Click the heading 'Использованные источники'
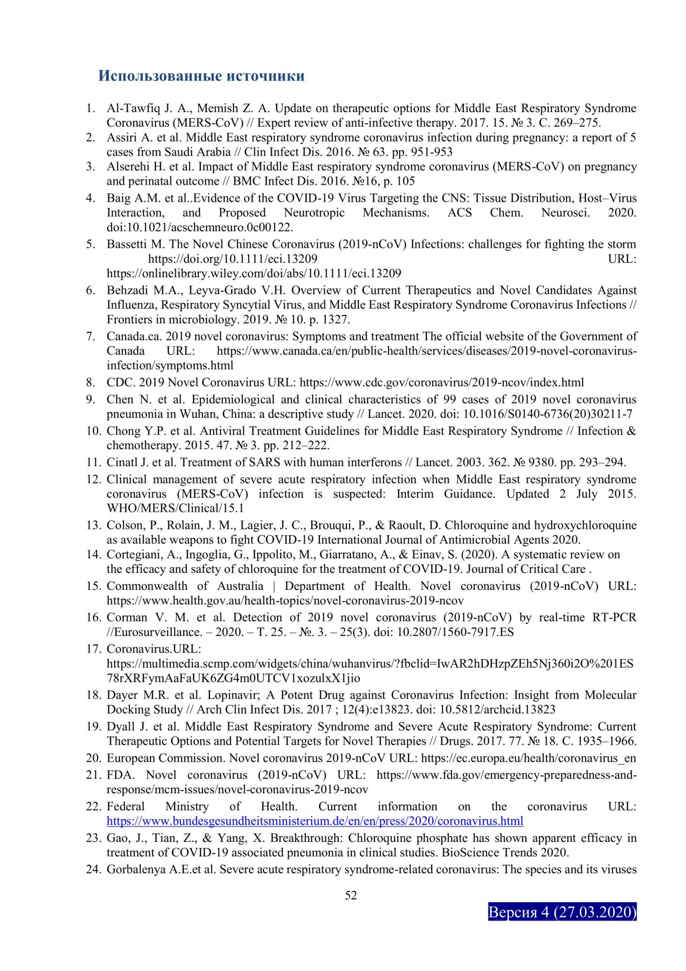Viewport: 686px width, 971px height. (x=201, y=76)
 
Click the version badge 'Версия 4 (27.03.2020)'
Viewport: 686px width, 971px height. (x=562, y=912)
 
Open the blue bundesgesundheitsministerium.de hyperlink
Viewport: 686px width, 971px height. (x=315, y=821)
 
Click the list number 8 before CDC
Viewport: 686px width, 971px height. (x=90, y=383)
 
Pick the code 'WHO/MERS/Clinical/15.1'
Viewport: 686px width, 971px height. (x=175, y=508)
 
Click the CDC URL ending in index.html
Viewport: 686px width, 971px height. (x=442, y=383)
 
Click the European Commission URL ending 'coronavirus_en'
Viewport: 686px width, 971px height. (x=528, y=758)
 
